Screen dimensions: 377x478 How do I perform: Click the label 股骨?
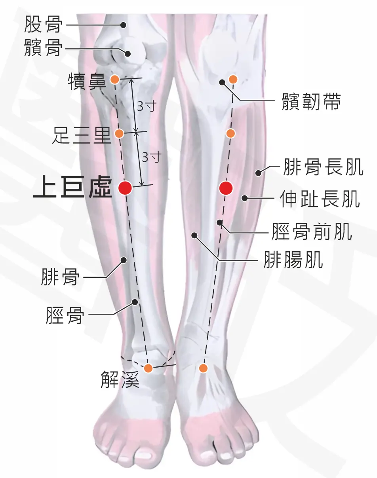[43, 25]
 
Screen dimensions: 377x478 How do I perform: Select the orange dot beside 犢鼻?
[115, 79]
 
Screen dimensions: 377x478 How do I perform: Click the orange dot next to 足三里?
[119, 133]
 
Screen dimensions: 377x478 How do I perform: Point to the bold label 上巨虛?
[72, 187]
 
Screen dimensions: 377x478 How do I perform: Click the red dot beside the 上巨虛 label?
[126, 188]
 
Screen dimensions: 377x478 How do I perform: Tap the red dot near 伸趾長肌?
[226, 188]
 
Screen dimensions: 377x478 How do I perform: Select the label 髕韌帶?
[311, 102]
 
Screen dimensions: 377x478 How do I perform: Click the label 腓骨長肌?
[323, 167]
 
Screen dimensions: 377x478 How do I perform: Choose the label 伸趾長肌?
[320, 198]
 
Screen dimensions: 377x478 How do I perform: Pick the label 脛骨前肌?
[312, 231]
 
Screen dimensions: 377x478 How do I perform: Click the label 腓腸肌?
[293, 260]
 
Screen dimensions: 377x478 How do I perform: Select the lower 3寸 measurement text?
[152, 157]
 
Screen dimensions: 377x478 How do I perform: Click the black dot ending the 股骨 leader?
[123, 25]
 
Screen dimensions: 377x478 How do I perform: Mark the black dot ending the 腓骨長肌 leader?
[258, 173]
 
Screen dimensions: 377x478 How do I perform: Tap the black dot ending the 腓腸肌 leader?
[195, 235]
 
